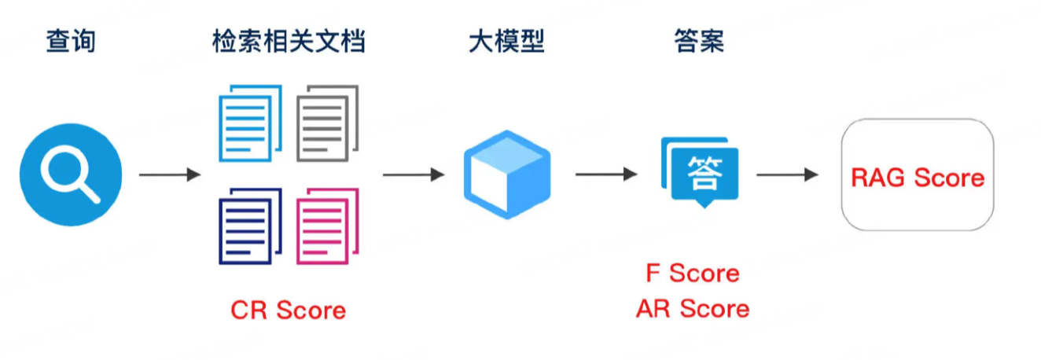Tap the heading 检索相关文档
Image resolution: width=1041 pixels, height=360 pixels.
tap(289, 41)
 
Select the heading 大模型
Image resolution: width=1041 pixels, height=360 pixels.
tap(506, 41)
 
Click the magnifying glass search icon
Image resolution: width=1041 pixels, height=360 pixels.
tap(71, 174)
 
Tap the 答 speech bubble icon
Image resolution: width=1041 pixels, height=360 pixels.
tap(701, 173)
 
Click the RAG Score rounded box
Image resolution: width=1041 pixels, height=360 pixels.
tap(917, 174)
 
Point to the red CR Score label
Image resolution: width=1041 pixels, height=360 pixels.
tap(289, 310)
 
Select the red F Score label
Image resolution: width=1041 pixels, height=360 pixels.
tap(693, 273)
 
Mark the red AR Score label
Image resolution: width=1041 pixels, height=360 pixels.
tap(693, 308)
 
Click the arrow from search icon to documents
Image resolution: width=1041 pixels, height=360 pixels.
tap(170, 174)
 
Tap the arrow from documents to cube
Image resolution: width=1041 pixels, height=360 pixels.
tap(414, 174)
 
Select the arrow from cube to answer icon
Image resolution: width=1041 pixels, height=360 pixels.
tap(605, 174)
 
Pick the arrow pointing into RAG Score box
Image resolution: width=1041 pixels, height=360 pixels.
tap(787, 174)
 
